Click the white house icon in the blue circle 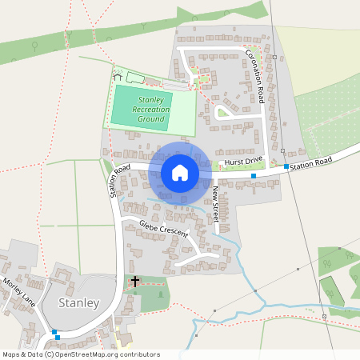[179, 173]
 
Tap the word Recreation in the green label [153, 109]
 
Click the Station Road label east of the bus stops [311, 162]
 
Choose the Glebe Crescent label [162, 229]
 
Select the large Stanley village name [78, 303]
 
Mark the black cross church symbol [135, 282]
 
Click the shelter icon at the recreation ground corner [118, 76]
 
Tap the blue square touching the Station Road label [286, 165]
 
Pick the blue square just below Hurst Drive [254, 176]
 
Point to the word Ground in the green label [150, 119]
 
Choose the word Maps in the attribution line [11, 354]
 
